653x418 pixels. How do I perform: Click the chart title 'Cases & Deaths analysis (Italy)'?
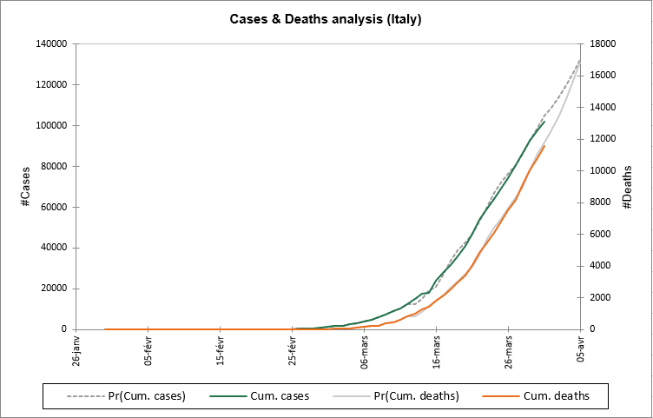pyautogui.click(x=326, y=18)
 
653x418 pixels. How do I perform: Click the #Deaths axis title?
pyautogui.click(x=626, y=186)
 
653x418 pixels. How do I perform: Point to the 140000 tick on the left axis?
pyautogui.click(x=51, y=43)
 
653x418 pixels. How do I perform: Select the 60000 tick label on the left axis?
pyautogui.click(x=54, y=207)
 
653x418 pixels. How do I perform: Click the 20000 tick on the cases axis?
pyautogui.click(x=54, y=289)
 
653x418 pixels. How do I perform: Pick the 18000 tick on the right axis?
pyautogui.click(x=603, y=43)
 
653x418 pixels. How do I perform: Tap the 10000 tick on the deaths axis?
pyautogui.click(x=603, y=170)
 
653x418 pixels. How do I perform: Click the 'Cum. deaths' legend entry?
pyautogui.click(x=557, y=396)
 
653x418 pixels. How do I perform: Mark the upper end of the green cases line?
pyautogui.click(x=544, y=122)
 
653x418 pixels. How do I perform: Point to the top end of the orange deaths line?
pyautogui.click(x=544, y=146)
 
